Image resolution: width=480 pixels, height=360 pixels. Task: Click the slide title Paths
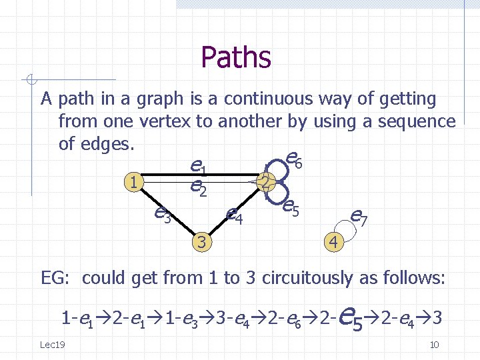[235, 57]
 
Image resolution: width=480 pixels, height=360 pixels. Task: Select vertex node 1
[135, 181]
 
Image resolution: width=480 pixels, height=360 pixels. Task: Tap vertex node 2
[265, 182]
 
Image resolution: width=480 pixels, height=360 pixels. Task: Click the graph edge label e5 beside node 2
[289, 208]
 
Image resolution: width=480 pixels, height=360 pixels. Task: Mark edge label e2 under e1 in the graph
[197, 189]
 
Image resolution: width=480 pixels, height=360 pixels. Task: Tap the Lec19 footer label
[52, 344]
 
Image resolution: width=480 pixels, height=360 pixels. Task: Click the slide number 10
[434, 344]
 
